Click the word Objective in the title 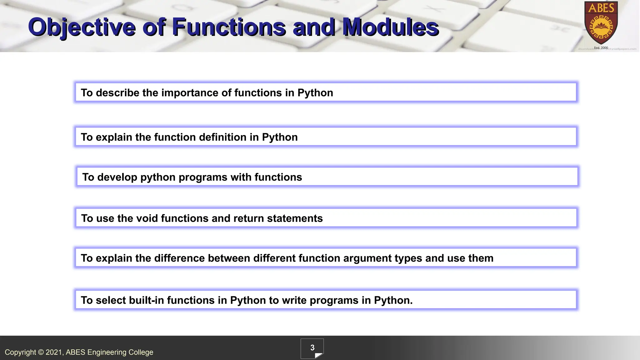(82, 27)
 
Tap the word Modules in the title (391, 27)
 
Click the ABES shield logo (601, 24)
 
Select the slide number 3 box (312, 348)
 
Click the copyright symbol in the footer (41, 352)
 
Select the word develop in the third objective (117, 177)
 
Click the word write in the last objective (294, 300)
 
